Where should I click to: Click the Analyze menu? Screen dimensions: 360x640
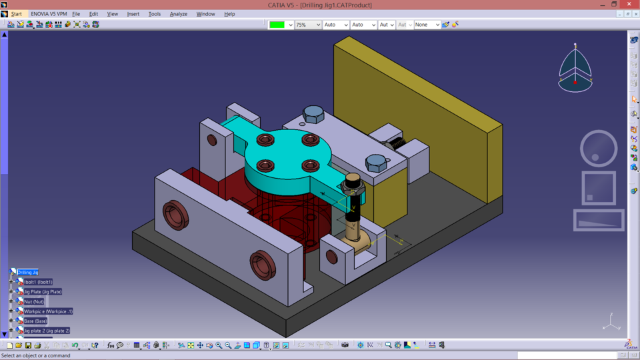point(178,14)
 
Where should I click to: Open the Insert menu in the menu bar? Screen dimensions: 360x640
point(133,14)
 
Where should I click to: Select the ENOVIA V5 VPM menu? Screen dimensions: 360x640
point(49,14)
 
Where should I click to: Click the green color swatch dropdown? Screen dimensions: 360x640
point(281,25)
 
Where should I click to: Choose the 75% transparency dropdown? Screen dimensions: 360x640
point(308,25)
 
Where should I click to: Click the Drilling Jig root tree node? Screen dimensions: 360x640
point(27,272)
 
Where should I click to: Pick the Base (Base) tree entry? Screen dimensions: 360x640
point(35,321)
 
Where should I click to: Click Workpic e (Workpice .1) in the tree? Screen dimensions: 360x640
point(48,311)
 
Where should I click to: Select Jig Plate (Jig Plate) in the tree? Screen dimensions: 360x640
point(43,291)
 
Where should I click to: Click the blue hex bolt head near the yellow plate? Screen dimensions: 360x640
point(313,115)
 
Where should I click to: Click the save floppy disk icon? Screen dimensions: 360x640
point(28,345)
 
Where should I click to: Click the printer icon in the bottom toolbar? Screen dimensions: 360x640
point(37,345)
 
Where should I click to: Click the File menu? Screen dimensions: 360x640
point(76,14)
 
